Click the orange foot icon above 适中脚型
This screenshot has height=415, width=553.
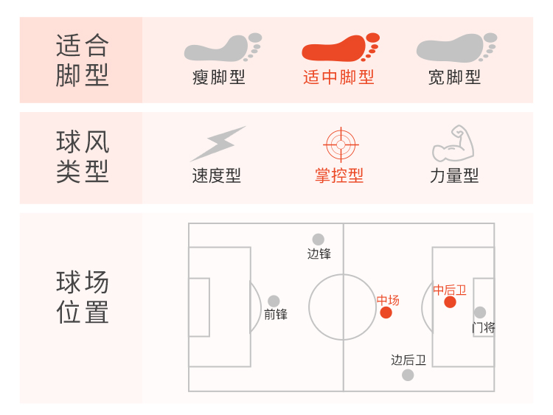(339, 49)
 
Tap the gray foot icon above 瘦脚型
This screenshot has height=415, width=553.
(222, 49)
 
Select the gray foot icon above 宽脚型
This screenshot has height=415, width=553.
(456, 49)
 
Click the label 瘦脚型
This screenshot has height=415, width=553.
(218, 77)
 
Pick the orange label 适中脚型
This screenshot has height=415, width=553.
(338, 77)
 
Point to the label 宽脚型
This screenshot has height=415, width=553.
(454, 77)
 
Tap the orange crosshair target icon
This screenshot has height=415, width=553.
(340, 144)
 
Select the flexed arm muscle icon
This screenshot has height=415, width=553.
(453, 144)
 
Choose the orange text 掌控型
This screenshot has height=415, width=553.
(339, 176)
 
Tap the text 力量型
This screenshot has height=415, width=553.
(454, 176)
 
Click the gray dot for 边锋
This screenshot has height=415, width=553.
(318, 240)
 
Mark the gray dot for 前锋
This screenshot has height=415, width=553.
(274, 301)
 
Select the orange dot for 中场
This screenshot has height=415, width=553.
(386, 313)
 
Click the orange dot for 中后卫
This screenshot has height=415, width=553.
(450, 301)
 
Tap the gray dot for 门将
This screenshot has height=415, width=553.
(480, 313)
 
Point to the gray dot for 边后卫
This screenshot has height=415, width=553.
(408, 374)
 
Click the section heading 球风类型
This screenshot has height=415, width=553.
(82, 156)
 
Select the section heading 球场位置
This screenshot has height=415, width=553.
(82, 297)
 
